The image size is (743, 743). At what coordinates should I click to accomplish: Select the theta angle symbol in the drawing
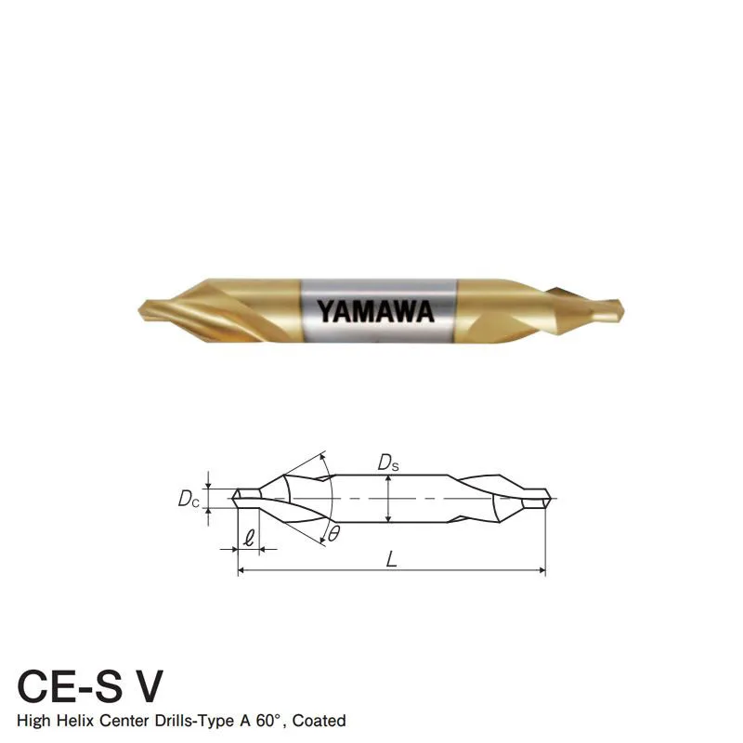333,534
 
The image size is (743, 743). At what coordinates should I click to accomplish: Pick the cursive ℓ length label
248,536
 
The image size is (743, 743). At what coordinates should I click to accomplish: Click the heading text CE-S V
91,685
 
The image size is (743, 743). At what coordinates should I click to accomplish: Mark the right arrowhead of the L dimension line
542,570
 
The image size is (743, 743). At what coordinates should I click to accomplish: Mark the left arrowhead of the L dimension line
243,570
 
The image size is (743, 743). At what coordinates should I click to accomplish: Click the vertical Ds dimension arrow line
386,500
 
